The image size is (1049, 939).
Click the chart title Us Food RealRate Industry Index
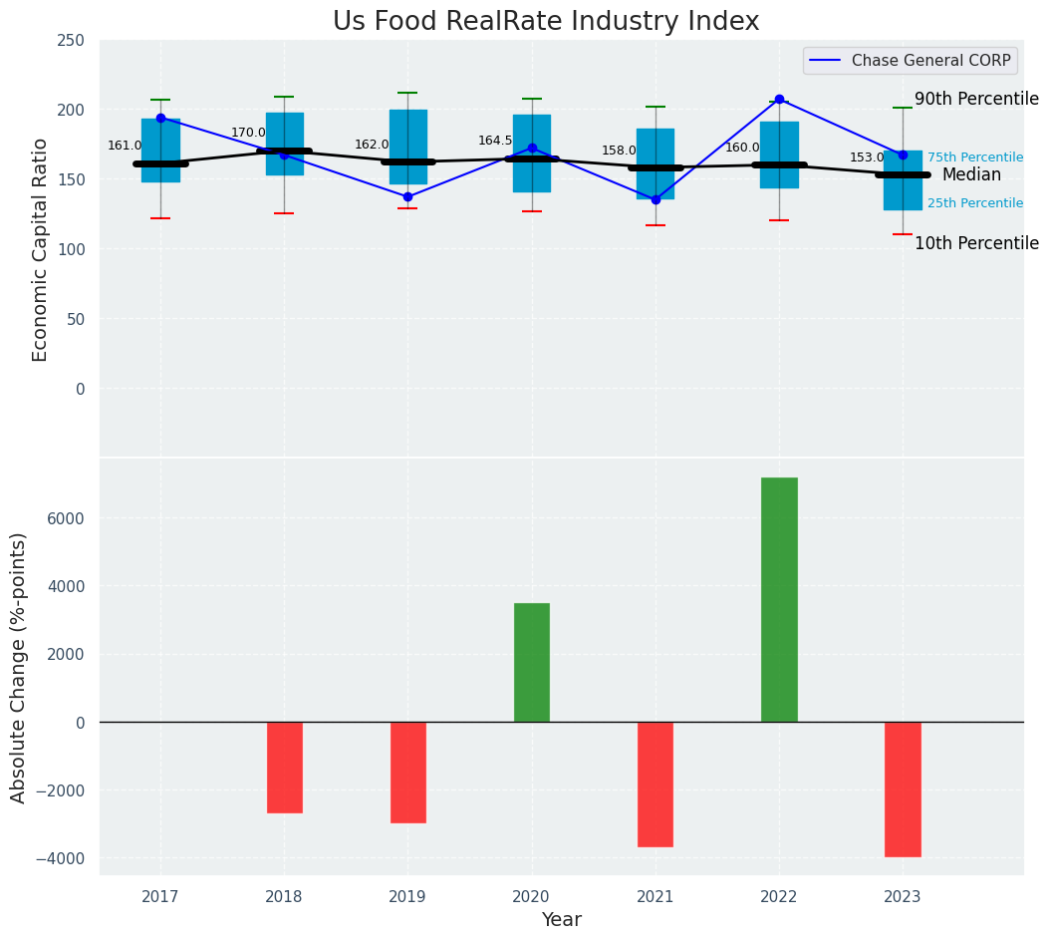click(x=546, y=22)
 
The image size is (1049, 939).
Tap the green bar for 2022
click(x=779, y=599)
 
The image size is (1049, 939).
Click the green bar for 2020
click(x=532, y=662)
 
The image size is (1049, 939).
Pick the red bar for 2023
click(x=903, y=788)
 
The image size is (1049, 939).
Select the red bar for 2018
click(x=285, y=767)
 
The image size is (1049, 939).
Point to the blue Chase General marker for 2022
click(x=779, y=100)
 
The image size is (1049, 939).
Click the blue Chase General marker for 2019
click(x=407, y=196)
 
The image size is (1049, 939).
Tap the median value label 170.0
click(x=248, y=133)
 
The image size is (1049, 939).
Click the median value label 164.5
click(x=495, y=141)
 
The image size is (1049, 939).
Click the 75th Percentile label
click(x=975, y=157)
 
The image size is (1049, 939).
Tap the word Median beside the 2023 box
click(x=971, y=174)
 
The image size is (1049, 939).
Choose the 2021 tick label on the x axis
click(x=656, y=897)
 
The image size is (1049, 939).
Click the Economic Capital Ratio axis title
click(x=41, y=249)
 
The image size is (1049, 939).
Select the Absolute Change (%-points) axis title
click(x=19, y=667)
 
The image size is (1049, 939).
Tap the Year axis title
click(x=562, y=920)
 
